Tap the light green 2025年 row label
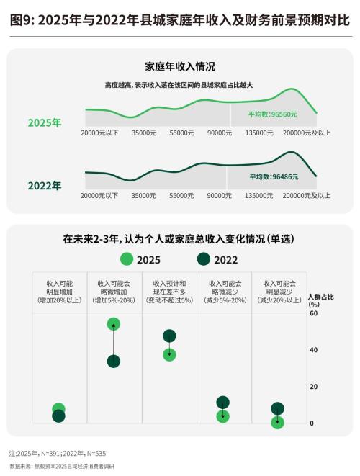click(44, 122)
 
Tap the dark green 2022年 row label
click(44, 185)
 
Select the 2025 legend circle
click(127, 259)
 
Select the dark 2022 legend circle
click(204, 259)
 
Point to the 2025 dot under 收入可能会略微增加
click(113, 324)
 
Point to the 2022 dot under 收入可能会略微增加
click(113, 362)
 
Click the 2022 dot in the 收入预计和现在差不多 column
click(169, 336)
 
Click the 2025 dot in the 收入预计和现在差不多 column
click(169, 354)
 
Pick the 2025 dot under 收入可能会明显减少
click(278, 423)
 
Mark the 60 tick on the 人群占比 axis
click(313, 313)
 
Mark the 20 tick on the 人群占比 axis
click(313, 387)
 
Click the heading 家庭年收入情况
click(180, 67)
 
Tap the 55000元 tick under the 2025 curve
click(181, 133)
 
